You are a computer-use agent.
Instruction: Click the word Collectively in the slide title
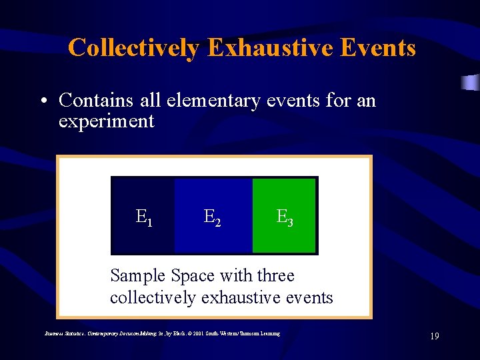[132, 48]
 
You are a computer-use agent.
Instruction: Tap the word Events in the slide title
[380, 48]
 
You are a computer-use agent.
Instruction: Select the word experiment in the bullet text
[106, 121]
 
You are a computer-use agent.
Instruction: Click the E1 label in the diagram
[144, 217]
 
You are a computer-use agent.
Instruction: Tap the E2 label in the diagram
[213, 217]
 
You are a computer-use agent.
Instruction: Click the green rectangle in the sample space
[284, 200]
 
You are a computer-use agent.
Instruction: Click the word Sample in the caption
[138, 276]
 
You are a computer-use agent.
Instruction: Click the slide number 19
[434, 337]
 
